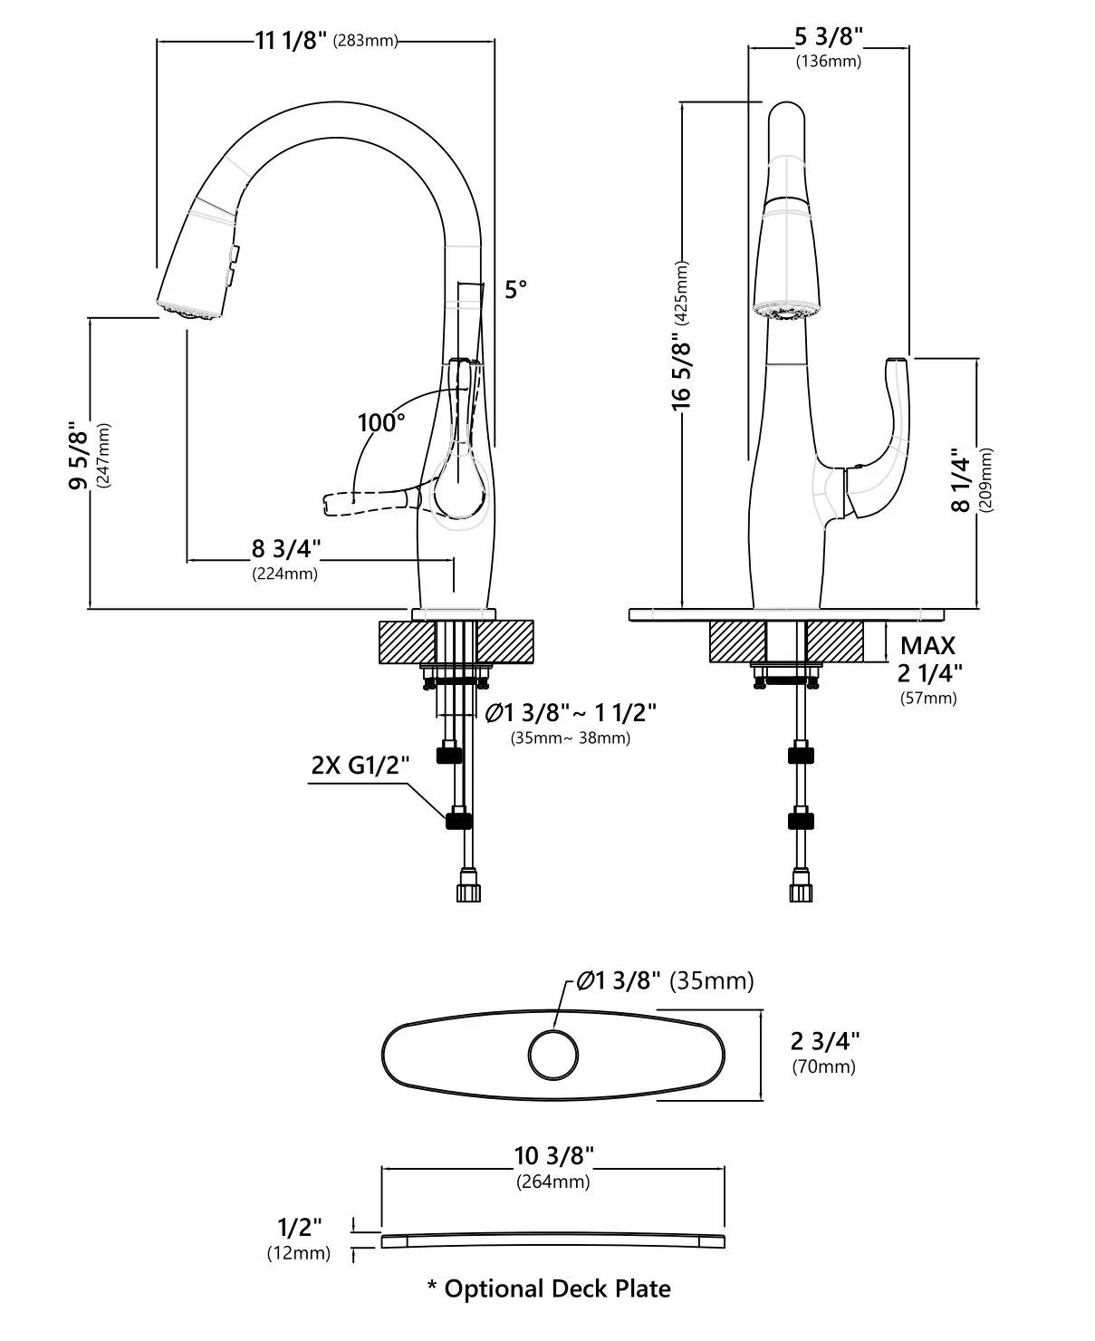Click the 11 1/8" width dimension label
290,41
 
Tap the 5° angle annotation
515,290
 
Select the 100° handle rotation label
381,422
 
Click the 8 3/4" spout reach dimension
286,548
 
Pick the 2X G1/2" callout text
360,765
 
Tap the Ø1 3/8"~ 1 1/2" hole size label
571,713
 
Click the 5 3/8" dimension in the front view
828,36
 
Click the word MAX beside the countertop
927,646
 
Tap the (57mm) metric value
927,698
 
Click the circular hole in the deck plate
552,1056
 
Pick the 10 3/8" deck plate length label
553,1156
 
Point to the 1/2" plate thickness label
299,1227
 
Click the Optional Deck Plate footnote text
549,1288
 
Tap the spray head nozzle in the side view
188,310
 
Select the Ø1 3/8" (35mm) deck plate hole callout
665,980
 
